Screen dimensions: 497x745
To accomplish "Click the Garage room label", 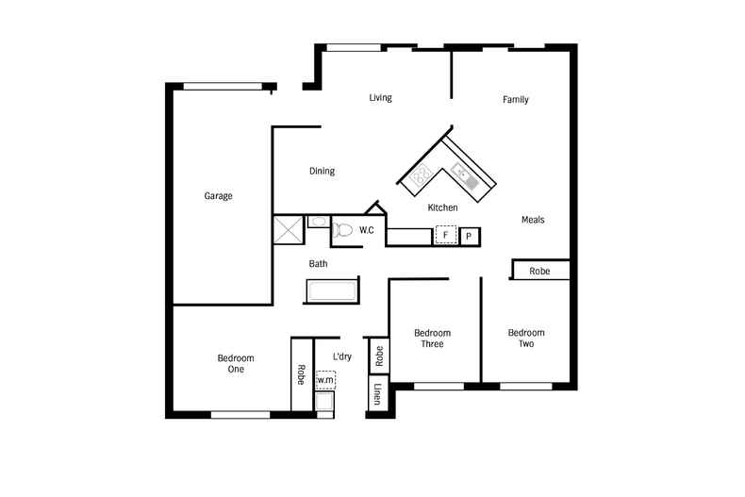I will click(218, 196).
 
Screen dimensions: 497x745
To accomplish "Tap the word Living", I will click(380, 98).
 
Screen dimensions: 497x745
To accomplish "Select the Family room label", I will click(515, 100).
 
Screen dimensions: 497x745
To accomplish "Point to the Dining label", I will click(322, 172).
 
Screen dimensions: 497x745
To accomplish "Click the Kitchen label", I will click(442, 207).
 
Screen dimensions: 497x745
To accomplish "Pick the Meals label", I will click(533, 220).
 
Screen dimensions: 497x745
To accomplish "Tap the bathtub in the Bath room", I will click(331, 291).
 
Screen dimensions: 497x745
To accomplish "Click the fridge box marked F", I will click(445, 235).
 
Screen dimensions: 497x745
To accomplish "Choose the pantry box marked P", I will click(470, 236).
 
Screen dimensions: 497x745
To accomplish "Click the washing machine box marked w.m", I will click(325, 380).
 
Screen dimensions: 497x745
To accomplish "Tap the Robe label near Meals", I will click(539, 271).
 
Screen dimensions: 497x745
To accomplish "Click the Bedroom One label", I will click(236, 363).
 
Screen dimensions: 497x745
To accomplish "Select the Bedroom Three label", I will click(432, 339).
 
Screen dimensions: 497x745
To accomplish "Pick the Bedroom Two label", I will click(525, 339).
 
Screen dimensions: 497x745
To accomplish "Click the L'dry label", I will click(342, 356).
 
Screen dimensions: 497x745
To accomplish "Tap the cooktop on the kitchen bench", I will click(420, 174).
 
